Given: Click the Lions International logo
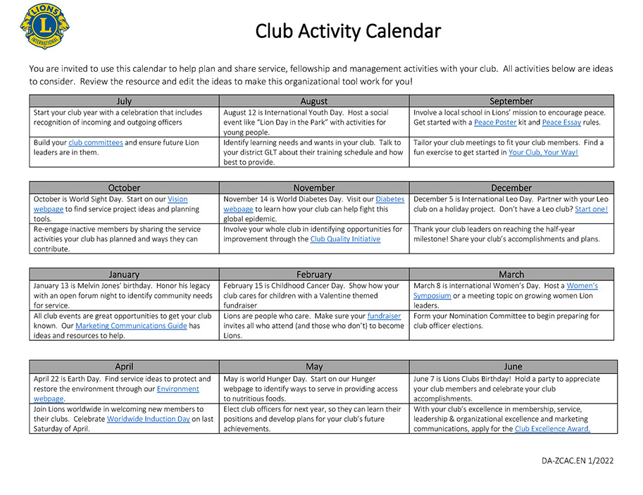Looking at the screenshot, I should [x=44, y=26].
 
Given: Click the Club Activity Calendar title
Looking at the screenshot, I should [x=348, y=32].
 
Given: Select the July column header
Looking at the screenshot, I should [x=124, y=101].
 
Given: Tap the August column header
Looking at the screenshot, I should [x=314, y=101].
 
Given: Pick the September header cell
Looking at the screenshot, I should [x=511, y=101].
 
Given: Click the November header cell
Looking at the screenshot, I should [x=314, y=187].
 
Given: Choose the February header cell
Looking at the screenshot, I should [x=314, y=274].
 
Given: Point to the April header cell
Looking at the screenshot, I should [x=124, y=366].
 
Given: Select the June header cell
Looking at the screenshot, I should [x=513, y=366].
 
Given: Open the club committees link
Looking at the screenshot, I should [x=95, y=142].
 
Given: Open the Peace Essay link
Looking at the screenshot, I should [x=561, y=122].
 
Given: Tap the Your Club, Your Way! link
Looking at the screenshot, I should [x=543, y=152].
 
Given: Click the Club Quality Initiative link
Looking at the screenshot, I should [x=345, y=239].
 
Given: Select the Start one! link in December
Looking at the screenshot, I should [x=591, y=209].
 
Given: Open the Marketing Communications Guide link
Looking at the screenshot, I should [x=131, y=325].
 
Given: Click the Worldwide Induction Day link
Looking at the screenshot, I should [x=149, y=419].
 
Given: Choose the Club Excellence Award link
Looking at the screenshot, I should [x=552, y=429].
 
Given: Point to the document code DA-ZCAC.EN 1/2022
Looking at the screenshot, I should [x=578, y=460].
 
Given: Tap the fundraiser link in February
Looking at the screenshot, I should [x=384, y=316].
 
